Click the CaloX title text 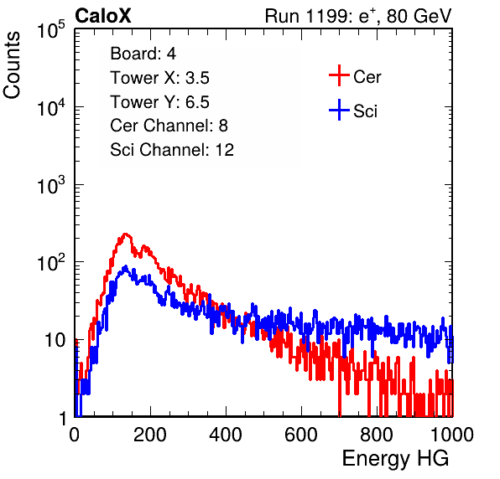coord(102,16)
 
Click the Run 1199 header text coord(358,16)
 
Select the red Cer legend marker coord(339,75)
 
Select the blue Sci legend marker coord(339,110)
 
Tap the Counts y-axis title coord(12,65)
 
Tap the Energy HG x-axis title coord(395,459)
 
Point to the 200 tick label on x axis coord(150,435)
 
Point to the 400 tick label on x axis coord(226,435)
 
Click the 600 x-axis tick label coord(301,435)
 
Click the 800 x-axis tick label coord(377,435)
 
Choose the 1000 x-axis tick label coord(452,435)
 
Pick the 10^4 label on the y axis coord(51,107)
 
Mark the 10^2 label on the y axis coord(51,262)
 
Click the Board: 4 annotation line coord(143,54)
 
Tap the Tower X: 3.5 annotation coord(159,78)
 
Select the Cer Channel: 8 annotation coord(169,126)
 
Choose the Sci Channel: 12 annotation coord(172,150)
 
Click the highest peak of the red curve coord(125,234)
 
